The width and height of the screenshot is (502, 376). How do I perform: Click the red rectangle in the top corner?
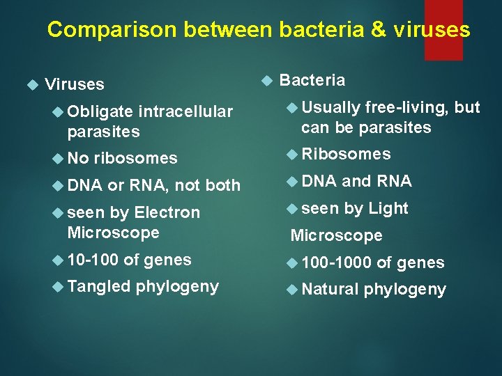pyautogui.click(x=443, y=29)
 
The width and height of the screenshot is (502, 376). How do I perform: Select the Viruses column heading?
pyautogui.click(x=74, y=84)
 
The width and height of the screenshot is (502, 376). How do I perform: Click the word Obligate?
pyautogui.click(x=100, y=111)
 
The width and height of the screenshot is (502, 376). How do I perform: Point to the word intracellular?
pyautogui.click(x=185, y=111)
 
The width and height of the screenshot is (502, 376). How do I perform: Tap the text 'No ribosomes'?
pyautogui.click(x=122, y=158)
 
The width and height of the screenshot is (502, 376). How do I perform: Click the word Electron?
pyautogui.click(x=167, y=212)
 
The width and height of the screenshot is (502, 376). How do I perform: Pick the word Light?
pyautogui.click(x=388, y=208)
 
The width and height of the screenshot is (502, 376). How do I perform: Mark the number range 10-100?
pyautogui.click(x=93, y=260)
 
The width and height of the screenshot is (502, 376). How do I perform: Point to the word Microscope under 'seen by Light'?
pyautogui.click(x=336, y=235)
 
